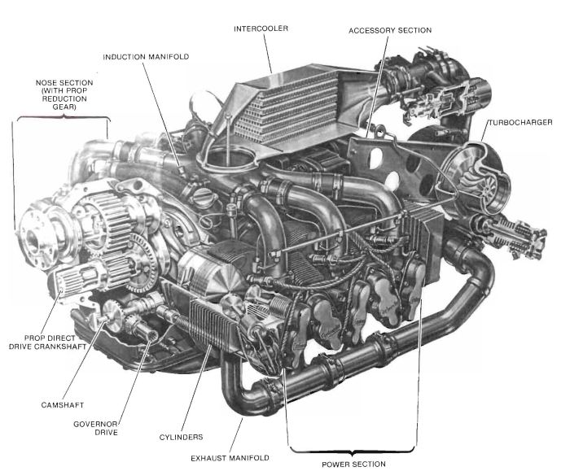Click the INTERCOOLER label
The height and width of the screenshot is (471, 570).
click(x=261, y=29)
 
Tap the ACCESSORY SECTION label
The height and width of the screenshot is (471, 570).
click(x=390, y=30)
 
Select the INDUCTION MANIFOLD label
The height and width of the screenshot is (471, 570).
click(x=146, y=57)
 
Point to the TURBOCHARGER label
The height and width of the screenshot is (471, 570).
click(x=520, y=122)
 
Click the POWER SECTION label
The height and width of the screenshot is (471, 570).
click(x=353, y=464)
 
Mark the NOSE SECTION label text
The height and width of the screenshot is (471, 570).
click(x=63, y=95)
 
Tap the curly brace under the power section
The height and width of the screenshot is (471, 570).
click(x=353, y=450)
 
